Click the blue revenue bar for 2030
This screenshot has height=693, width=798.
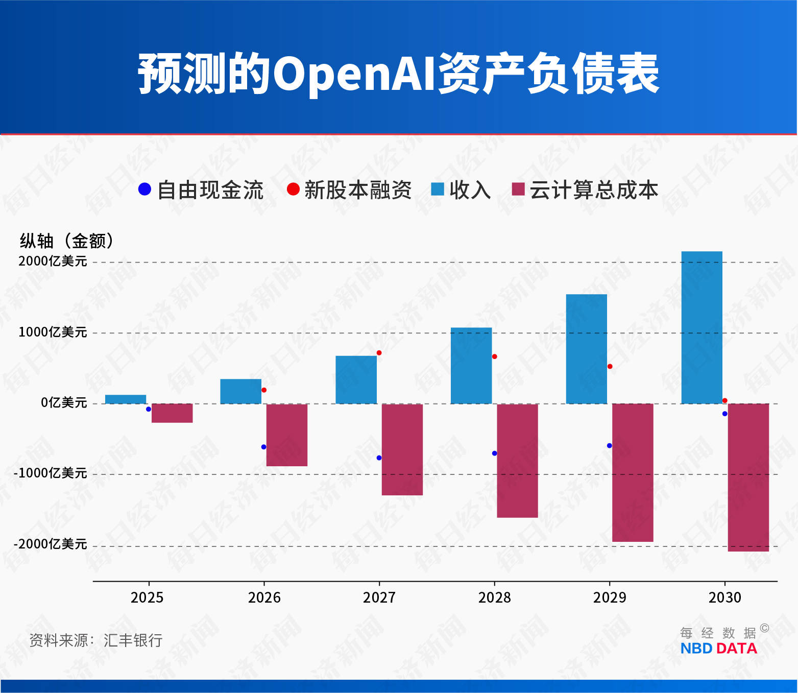(x=702, y=327)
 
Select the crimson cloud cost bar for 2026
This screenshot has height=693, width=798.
(x=287, y=435)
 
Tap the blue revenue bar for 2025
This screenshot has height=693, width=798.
(x=126, y=399)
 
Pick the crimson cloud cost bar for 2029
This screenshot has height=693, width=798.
(x=633, y=472)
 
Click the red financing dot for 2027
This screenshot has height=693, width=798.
(x=379, y=353)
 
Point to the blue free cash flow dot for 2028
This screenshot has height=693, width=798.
(x=494, y=453)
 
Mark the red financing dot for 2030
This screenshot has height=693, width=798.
(x=724, y=400)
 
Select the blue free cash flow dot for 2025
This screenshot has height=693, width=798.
(x=149, y=409)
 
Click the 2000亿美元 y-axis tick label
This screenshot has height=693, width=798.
(x=53, y=261)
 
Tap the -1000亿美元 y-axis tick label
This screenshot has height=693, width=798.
(x=51, y=473)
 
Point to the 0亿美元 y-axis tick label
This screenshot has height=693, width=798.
(x=64, y=403)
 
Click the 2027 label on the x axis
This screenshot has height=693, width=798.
(x=379, y=598)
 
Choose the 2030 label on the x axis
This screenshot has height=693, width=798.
(x=724, y=598)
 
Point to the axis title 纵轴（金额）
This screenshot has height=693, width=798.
(x=67, y=241)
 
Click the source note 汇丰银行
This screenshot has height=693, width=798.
(x=133, y=640)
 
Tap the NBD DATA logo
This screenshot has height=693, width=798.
(x=718, y=649)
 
